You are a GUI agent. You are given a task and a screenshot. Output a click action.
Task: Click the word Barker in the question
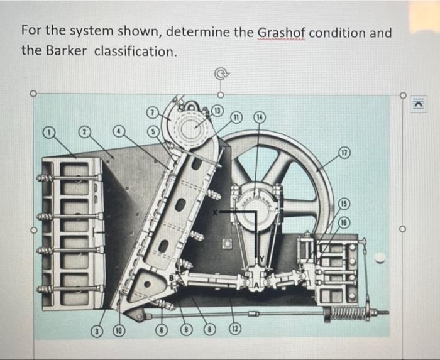[67, 51]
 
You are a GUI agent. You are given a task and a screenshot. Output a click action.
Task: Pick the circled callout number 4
[119, 131]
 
